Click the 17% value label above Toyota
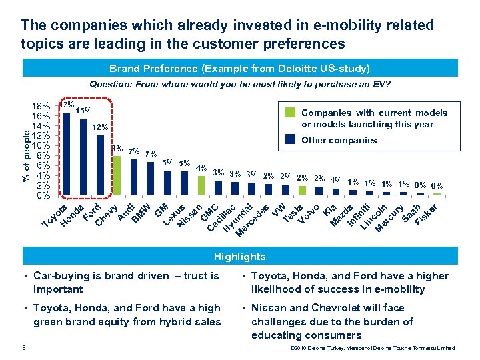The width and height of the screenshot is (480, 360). [66, 105]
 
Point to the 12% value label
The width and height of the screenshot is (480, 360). [100, 127]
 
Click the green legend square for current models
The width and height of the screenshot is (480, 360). [291, 113]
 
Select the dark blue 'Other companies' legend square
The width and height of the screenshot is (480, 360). [291, 140]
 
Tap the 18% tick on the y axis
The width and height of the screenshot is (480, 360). [41, 107]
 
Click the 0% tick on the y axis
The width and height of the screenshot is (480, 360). [43, 196]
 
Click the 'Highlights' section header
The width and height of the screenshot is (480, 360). [239, 257]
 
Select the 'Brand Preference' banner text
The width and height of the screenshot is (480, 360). [240, 68]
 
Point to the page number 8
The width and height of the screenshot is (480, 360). [24, 347]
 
